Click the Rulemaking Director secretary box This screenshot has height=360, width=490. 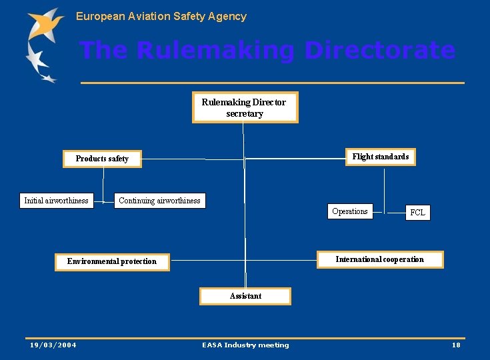(245, 107)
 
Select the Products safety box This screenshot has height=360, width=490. (102, 159)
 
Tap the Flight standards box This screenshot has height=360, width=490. (381, 157)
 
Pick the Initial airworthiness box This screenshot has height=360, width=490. (56, 201)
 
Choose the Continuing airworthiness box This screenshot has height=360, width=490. (159, 201)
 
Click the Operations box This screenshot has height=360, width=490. (350, 211)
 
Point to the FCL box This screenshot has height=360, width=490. (417, 213)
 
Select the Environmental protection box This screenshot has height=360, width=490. (112, 261)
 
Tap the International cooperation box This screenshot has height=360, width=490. (379, 259)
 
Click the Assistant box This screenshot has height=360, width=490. (245, 296)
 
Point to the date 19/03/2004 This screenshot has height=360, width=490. (53, 345)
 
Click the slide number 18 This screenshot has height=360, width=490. (456, 345)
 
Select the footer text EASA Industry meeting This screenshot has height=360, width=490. (245, 345)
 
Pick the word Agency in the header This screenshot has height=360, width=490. (228, 16)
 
